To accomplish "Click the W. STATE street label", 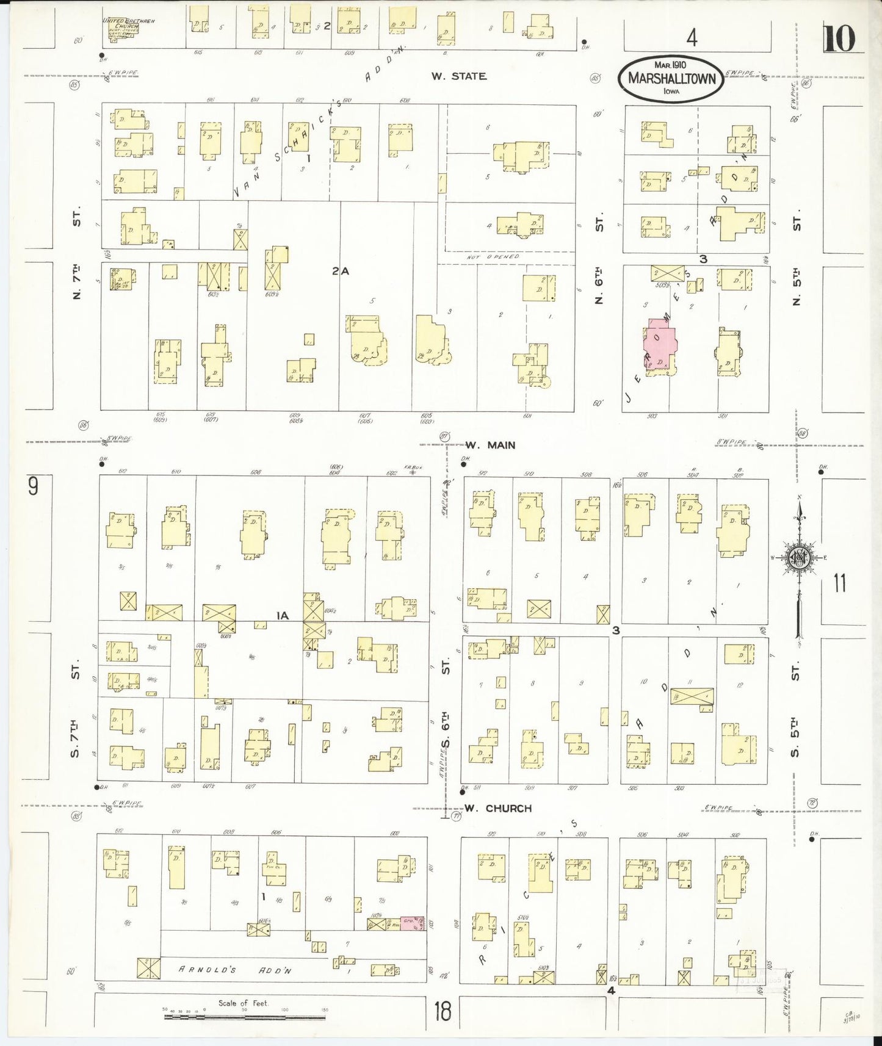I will pyautogui.click(x=458, y=76).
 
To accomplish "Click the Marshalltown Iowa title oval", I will pyautogui.click(x=671, y=80).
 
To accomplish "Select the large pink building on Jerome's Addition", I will pyautogui.click(x=659, y=345).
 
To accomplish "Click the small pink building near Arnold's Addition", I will pyautogui.click(x=413, y=923).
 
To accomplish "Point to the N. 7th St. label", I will pyautogui.click(x=76, y=256).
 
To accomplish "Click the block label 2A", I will pyautogui.click(x=340, y=272).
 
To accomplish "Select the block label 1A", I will pyautogui.click(x=281, y=616).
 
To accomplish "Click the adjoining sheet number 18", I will pyautogui.click(x=443, y=1011).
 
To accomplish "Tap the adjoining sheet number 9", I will pyautogui.click(x=33, y=486).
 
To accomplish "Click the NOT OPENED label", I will pyautogui.click(x=493, y=258).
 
